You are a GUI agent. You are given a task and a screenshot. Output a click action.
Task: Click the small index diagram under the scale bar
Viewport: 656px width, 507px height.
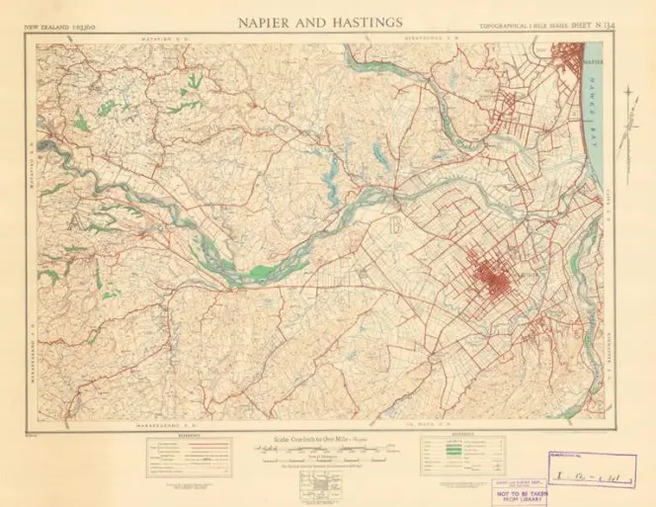326,485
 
